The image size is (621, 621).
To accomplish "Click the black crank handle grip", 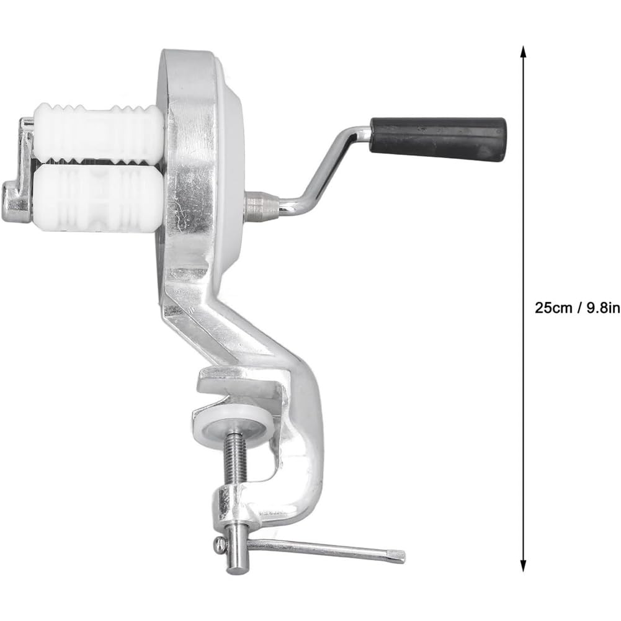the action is [438, 138].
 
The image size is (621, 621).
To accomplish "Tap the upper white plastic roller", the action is [98, 133].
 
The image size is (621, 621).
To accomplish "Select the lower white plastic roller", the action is [97, 198].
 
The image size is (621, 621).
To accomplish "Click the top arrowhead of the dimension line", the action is [523, 51].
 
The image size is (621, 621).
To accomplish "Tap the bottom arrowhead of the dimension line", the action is [523, 565].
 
